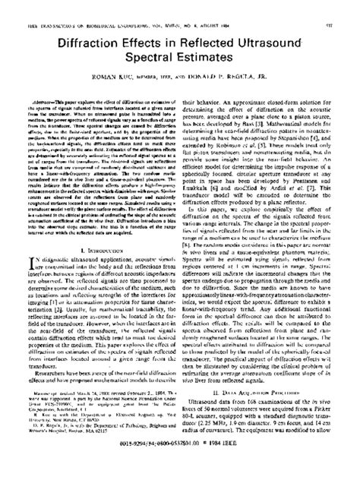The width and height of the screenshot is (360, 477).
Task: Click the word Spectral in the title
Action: tap(147, 56)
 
